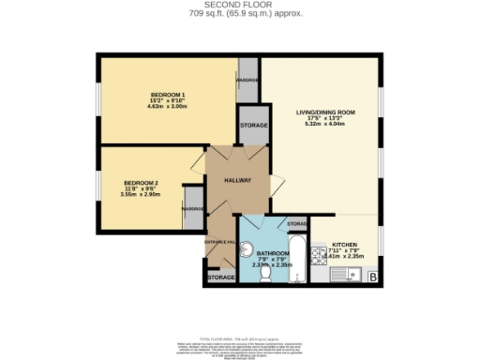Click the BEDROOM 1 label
[169, 96]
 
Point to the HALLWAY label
[237, 180]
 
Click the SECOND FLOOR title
[240, 6]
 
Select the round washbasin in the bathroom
[247, 248]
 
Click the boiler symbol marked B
[374, 277]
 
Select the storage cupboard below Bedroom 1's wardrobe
[253, 126]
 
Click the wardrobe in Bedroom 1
[247, 80]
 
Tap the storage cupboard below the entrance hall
[220, 277]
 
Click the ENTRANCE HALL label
[220, 242]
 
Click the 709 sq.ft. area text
[240, 14]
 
